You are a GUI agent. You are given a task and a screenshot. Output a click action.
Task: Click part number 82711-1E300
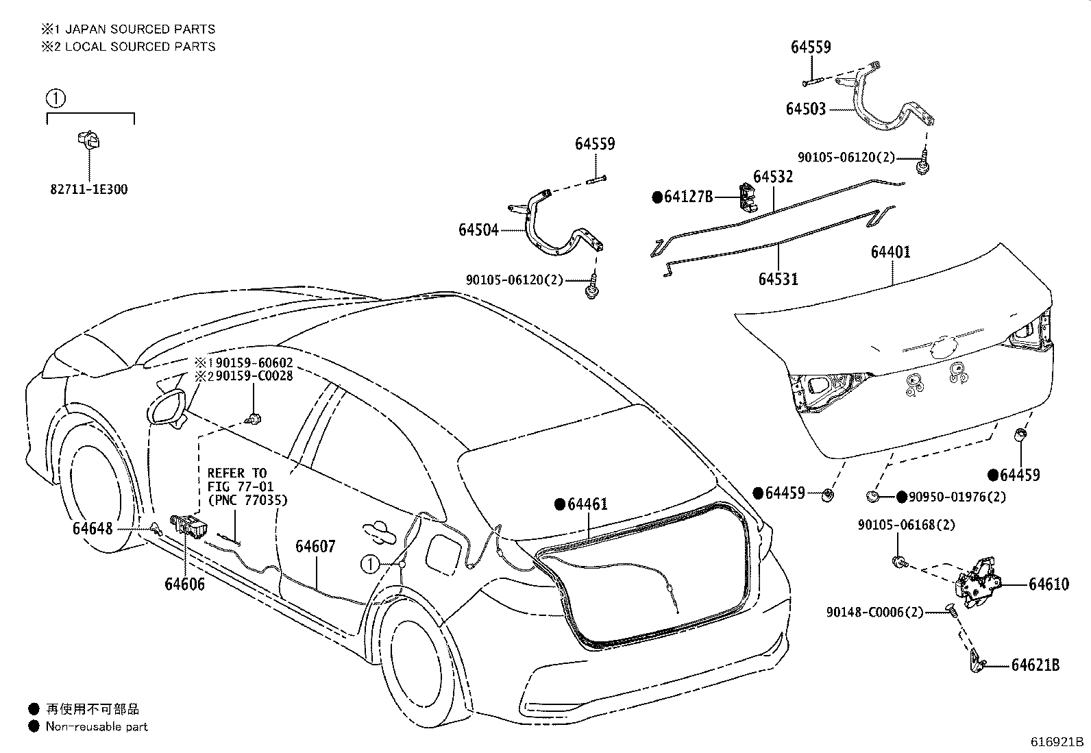point(89,190)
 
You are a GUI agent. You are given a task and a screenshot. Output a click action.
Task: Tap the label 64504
point(479,230)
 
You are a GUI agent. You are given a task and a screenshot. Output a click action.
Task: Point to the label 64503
point(806,109)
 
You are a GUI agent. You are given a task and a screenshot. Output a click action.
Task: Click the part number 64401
point(891,252)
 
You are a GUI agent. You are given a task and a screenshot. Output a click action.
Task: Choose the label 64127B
point(688,197)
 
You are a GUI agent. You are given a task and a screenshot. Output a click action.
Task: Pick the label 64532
point(774,176)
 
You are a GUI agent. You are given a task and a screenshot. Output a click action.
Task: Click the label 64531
point(779,279)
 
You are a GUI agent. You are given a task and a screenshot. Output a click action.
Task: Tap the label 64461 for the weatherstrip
point(588,504)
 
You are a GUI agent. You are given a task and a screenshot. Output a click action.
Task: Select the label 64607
point(316,547)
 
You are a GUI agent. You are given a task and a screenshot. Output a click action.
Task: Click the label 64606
point(184,584)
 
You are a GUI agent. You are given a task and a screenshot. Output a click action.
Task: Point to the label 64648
point(93,528)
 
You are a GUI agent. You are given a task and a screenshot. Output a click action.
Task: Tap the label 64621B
point(1035,665)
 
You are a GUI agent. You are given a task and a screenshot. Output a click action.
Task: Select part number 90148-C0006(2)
point(874,613)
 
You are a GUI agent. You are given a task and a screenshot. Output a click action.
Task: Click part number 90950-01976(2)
point(957,497)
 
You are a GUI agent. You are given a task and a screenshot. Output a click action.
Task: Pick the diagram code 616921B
point(1057,742)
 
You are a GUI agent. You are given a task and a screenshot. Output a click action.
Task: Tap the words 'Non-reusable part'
point(97,727)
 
